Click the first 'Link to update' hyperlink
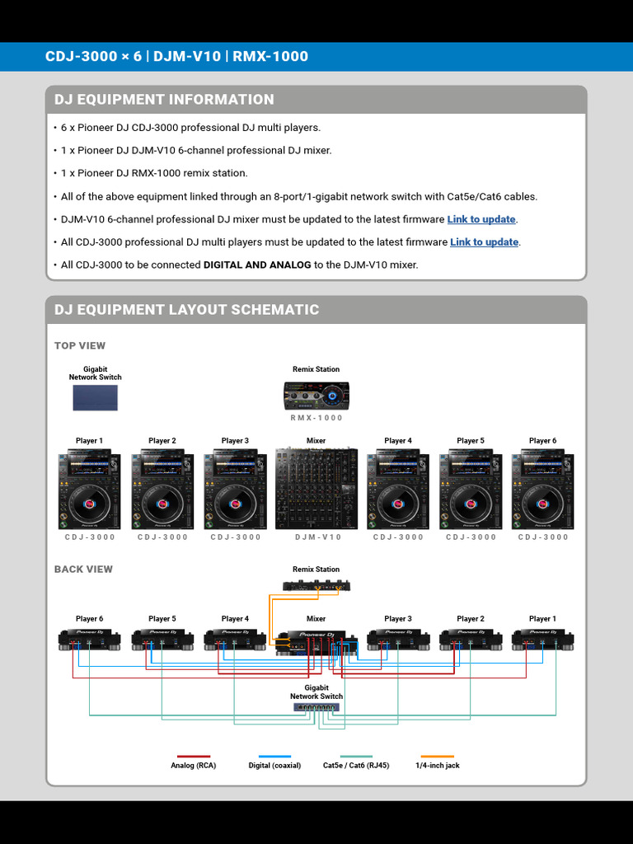tap(481, 219)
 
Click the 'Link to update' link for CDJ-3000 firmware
tap(485, 242)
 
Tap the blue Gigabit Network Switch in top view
tap(95, 397)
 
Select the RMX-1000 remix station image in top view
tap(316, 396)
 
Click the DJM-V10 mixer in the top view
tap(316, 490)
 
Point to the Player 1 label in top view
tap(89, 441)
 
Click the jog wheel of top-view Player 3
tap(235, 502)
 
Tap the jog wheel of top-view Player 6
tap(542, 502)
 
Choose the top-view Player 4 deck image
tap(398, 490)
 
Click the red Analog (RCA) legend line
tap(194, 756)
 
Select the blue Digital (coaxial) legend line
tap(274, 756)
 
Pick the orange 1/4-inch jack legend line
tap(437, 756)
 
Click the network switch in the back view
tap(316, 707)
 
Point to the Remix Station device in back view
tap(316, 585)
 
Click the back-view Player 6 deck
tap(89, 639)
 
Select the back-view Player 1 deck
tap(542, 639)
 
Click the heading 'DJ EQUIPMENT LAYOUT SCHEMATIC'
tap(186, 310)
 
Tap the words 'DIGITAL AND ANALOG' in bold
tap(257, 265)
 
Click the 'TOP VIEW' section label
tap(80, 345)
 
